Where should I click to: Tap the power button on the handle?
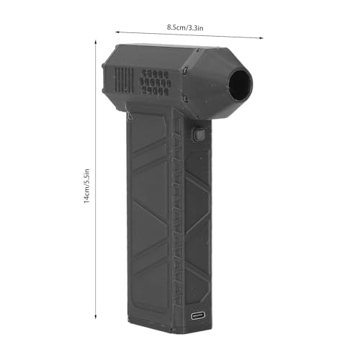point(198,135)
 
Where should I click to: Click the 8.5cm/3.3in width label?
point(184,27)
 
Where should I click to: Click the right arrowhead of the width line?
point(252,37)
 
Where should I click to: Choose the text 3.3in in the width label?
point(195,28)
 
